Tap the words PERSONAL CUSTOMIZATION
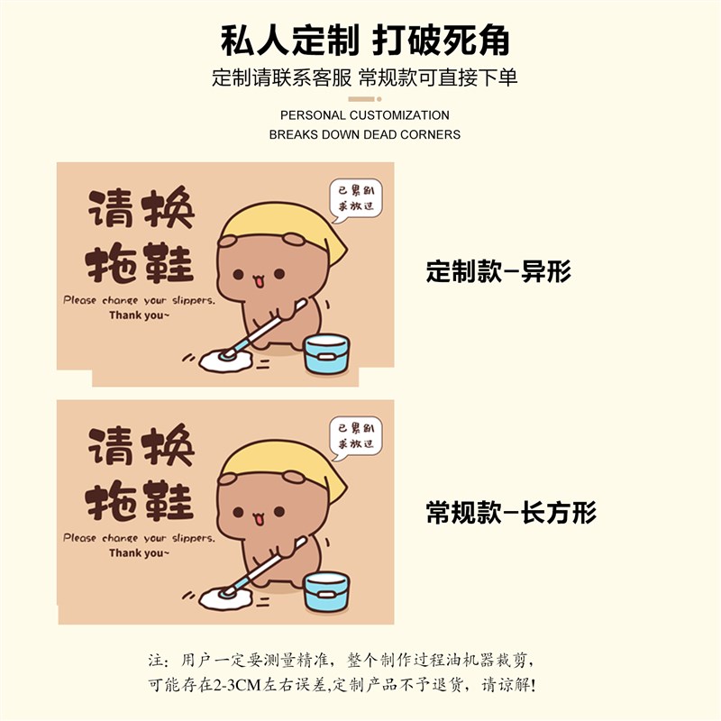pos(364,115)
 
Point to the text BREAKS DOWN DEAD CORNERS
pos(364,134)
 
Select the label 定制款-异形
pos(498,271)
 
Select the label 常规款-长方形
pos(511,514)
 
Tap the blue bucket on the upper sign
pos(326,353)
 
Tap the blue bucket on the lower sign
pos(326,591)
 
